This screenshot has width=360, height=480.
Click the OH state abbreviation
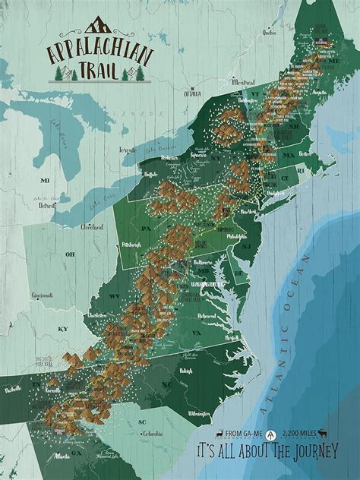tap(70, 254)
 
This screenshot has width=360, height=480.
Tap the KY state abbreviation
tap(63, 328)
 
